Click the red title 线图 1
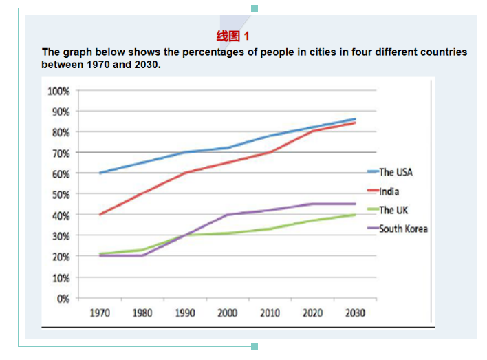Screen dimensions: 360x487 coord(232,36)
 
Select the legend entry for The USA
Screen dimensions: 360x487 coord(396,172)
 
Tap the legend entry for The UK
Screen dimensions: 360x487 coord(395,210)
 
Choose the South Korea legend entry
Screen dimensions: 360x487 coord(403,229)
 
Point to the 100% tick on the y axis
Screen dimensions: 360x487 coord(58,91)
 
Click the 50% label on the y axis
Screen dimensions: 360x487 coord(59,195)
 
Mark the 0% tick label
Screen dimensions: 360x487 coord(62,299)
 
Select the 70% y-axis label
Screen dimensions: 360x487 coord(59,153)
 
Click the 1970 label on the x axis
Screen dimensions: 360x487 coord(100,313)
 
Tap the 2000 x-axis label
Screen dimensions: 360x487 coord(227,313)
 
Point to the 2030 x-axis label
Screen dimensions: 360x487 coord(354,313)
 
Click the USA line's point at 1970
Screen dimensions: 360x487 coord(100,173)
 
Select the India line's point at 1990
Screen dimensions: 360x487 coord(185,173)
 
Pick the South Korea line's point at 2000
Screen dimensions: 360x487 coord(228,215)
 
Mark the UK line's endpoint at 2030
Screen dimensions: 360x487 coord(355,215)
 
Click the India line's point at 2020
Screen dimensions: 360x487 coord(312,131)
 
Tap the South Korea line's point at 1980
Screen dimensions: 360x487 coord(143,256)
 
